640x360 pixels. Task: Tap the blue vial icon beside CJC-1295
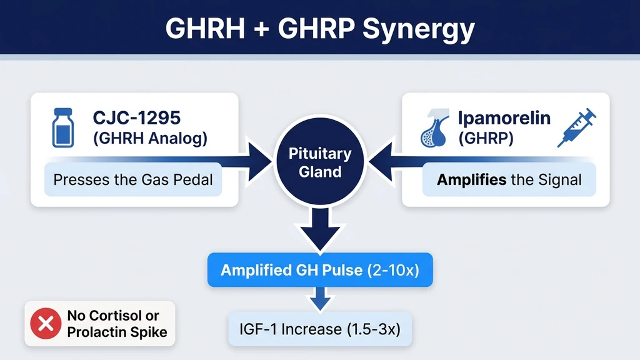(62, 129)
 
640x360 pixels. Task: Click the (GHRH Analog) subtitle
(149, 139)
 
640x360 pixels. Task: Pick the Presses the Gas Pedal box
(133, 180)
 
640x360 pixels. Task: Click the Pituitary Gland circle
(320, 162)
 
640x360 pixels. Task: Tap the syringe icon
(576, 128)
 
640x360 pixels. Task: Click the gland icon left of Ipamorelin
(434, 129)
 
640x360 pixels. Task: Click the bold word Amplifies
(471, 181)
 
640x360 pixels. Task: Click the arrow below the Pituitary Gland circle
(320, 229)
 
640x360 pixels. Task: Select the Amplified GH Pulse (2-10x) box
(320, 270)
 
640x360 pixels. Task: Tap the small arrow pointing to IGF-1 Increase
(320, 299)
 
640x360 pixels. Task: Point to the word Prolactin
(97, 332)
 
